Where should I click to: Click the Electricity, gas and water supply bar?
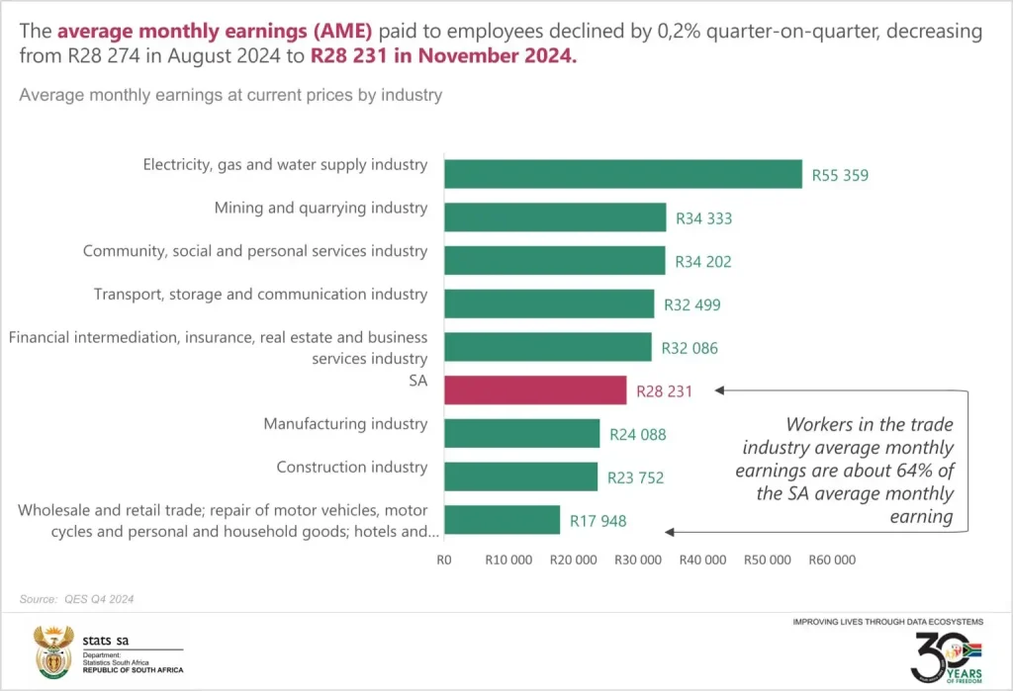click(x=622, y=174)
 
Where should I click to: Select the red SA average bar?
click(x=535, y=389)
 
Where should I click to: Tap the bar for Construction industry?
click(x=520, y=476)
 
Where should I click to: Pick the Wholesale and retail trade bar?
click(x=502, y=520)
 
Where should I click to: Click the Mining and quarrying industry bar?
click(x=555, y=217)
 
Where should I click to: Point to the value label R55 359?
click(x=840, y=176)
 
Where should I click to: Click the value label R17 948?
click(x=598, y=521)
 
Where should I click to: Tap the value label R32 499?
click(x=692, y=304)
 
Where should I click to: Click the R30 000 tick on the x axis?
click(x=638, y=561)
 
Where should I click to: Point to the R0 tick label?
click(x=443, y=561)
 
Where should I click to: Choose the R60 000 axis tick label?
click(x=831, y=561)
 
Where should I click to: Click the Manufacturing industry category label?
click(x=345, y=424)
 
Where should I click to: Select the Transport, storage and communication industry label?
click(x=260, y=294)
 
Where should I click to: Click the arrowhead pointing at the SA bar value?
click(x=720, y=390)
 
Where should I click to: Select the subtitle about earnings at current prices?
click(x=230, y=96)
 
